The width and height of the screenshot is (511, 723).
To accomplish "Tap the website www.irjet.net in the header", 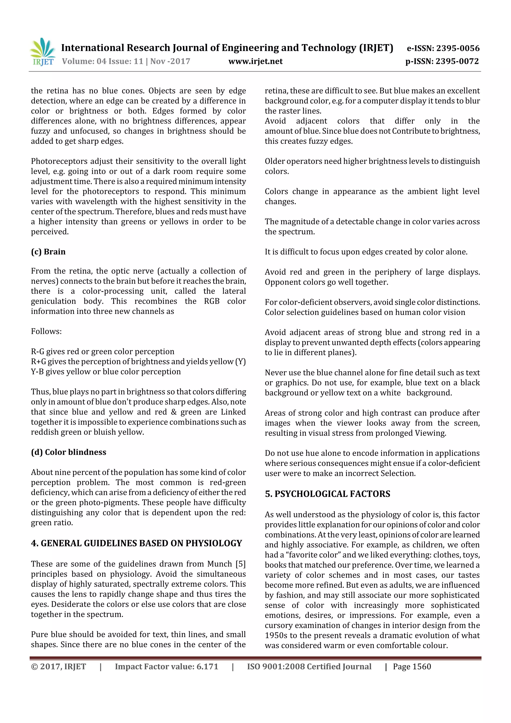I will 255,61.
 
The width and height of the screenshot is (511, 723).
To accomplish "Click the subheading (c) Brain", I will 48,252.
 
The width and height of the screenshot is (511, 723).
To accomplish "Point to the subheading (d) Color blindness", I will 68,452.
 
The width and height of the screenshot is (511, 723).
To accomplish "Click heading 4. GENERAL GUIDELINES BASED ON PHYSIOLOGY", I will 136,544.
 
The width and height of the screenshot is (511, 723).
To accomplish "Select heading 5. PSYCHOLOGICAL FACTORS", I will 327,494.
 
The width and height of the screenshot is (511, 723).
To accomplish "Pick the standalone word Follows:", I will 46,331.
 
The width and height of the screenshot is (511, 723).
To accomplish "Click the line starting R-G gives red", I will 102,351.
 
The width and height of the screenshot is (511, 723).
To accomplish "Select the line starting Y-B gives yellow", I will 106,372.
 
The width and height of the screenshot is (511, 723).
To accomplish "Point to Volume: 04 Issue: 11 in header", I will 103,61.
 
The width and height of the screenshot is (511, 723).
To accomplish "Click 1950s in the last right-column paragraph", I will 275,635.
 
